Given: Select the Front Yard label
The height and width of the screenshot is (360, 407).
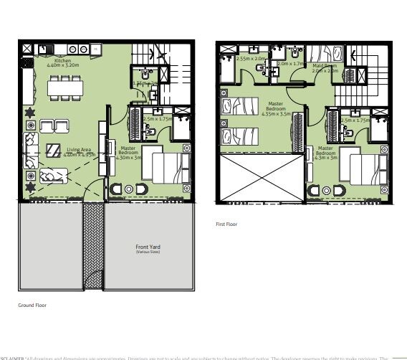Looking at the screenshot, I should point(146,247).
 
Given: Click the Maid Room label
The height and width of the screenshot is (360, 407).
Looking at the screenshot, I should point(325,65).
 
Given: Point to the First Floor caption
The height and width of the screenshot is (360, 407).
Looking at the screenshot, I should point(226,224).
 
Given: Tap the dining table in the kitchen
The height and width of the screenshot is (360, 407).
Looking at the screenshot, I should point(65,87).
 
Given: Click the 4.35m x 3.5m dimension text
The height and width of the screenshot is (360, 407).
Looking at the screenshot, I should point(276,114).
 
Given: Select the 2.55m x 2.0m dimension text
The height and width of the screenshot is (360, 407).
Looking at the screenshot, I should point(251,59).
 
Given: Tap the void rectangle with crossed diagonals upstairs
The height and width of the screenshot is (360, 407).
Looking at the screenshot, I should point(262,178).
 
